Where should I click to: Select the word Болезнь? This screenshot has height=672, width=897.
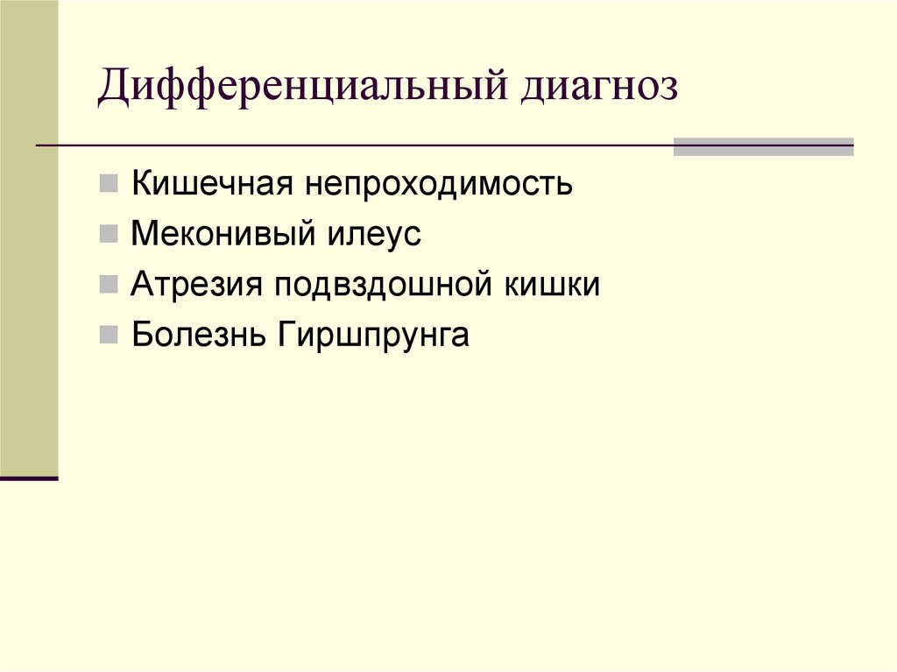[199, 335]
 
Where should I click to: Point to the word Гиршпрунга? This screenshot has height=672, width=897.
[374, 336]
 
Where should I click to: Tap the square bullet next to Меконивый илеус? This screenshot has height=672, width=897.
[109, 235]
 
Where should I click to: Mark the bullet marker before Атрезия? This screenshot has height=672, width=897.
[109, 285]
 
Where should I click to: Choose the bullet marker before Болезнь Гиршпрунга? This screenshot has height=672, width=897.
[109, 335]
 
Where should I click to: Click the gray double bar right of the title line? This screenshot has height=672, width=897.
[763, 146]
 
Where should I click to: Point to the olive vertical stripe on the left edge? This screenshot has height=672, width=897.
[29, 237]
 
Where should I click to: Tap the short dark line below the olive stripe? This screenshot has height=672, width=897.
[29, 478]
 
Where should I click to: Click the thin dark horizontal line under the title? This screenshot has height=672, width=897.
[350, 145]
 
